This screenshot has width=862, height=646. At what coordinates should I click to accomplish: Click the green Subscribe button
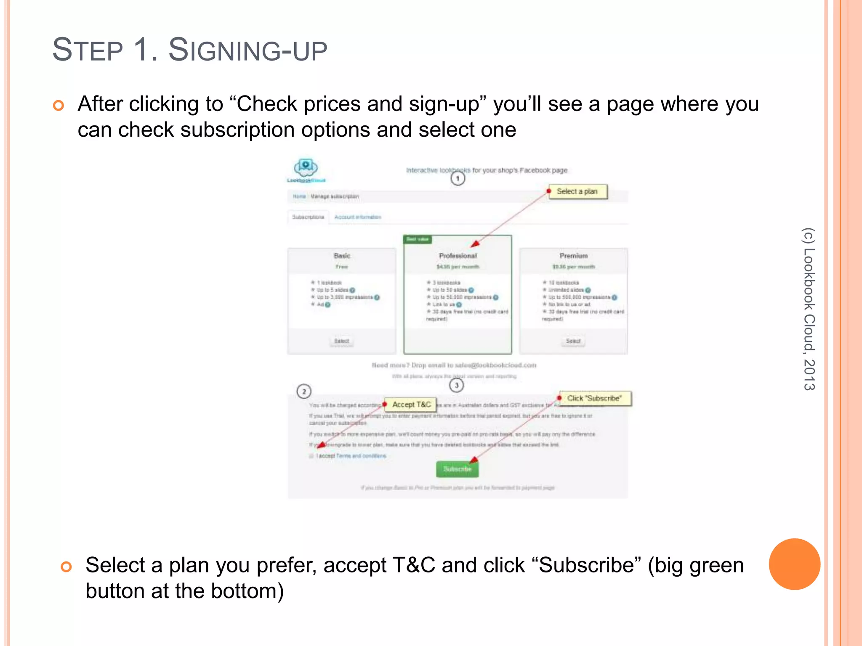[457, 469]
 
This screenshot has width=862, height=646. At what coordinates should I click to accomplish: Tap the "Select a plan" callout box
[577, 192]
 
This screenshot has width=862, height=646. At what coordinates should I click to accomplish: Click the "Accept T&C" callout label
[411, 405]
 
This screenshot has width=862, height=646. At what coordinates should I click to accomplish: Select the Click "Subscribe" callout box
[594, 398]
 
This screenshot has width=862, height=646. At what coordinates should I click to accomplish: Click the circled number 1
[458, 179]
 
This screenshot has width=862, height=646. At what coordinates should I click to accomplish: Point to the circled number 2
[304, 392]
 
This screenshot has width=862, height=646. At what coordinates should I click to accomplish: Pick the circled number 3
[457, 385]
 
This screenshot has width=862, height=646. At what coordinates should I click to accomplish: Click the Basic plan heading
[342, 256]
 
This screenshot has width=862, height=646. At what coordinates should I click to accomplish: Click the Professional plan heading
[458, 256]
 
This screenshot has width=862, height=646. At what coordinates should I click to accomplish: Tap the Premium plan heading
[573, 256]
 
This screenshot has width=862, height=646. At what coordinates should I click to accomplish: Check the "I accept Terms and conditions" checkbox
[311, 456]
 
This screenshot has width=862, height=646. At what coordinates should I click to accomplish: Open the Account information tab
[357, 217]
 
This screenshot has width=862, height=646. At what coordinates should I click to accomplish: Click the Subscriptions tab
[308, 217]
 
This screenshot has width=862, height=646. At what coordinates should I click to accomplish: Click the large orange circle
[794, 564]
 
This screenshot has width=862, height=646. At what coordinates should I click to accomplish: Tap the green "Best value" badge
[418, 239]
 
